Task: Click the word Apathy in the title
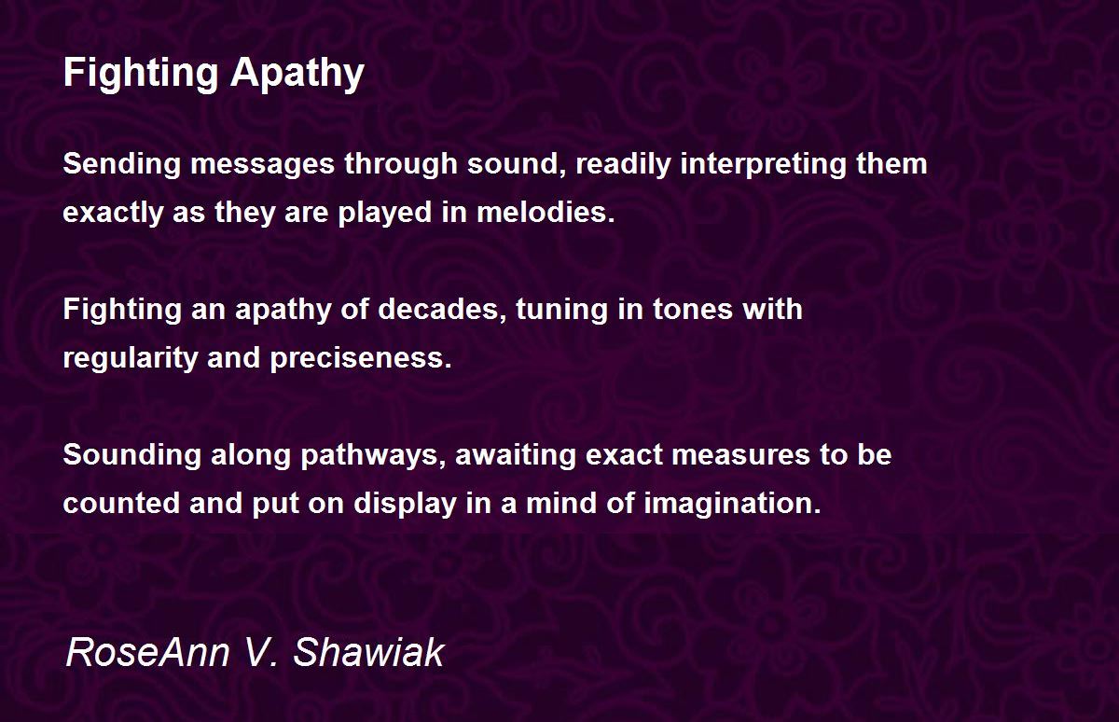(297, 73)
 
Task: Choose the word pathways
(372, 455)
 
